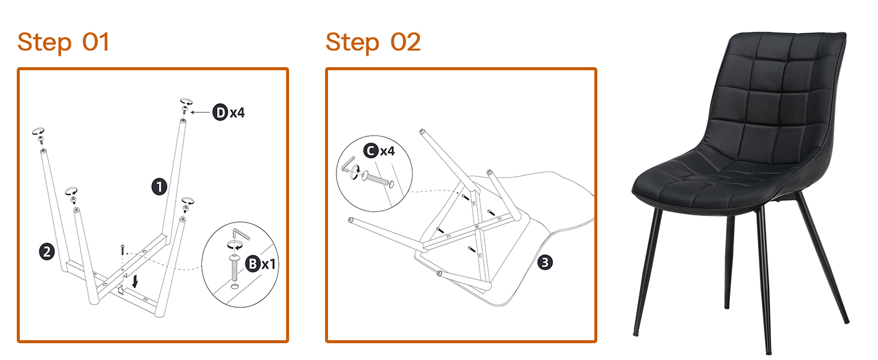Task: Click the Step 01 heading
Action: [63, 43]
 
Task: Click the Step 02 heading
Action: [373, 43]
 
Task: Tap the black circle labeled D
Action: [220, 113]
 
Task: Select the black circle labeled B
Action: [253, 263]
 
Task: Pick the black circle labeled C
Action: [371, 151]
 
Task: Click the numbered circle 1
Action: [159, 187]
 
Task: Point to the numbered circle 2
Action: [47, 251]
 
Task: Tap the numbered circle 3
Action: [545, 262]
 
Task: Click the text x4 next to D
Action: [237, 113]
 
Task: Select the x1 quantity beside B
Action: [269, 265]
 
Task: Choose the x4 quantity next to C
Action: [387, 151]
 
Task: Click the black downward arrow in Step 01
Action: [135, 281]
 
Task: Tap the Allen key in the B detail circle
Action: [240, 234]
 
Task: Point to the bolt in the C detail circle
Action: [377, 179]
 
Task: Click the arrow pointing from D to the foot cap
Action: [200, 113]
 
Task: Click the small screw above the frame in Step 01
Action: [123, 249]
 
